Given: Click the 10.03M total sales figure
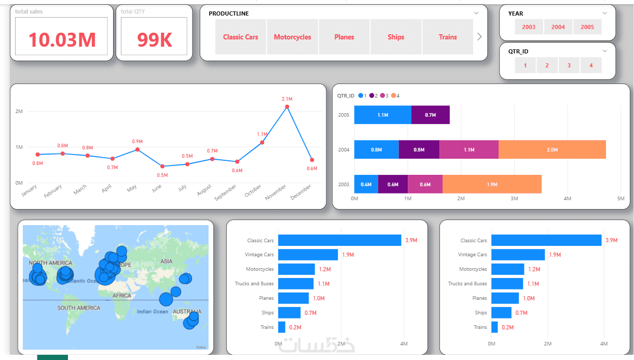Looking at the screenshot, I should click(x=62, y=39).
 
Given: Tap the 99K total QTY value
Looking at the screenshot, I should click(x=154, y=39).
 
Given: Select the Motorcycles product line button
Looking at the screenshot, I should click(x=292, y=37).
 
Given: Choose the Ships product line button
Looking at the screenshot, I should click(x=395, y=37).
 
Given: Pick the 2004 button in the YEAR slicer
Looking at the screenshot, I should click(x=558, y=27).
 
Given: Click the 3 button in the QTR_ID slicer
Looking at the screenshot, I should click(x=569, y=65).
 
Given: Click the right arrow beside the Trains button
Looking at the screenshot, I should click(x=479, y=37).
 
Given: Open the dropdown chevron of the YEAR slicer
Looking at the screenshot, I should click(x=604, y=13).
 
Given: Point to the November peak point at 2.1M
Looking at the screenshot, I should click(x=287, y=107).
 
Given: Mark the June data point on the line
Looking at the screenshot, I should click(x=162, y=167).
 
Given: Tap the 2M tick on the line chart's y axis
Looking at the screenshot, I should click(x=19, y=112).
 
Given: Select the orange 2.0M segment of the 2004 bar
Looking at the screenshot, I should click(x=552, y=149).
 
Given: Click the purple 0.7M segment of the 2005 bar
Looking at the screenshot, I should click(x=430, y=115).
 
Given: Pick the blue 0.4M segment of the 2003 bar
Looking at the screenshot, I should click(x=366, y=184).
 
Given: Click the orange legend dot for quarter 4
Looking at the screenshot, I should click(x=393, y=95).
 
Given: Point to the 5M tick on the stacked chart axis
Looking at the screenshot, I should click(x=621, y=199).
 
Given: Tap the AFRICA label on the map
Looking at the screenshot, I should click(x=122, y=295).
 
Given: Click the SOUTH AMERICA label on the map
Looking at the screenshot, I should click(x=78, y=308).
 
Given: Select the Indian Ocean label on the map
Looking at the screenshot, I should click(x=153, y=312).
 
